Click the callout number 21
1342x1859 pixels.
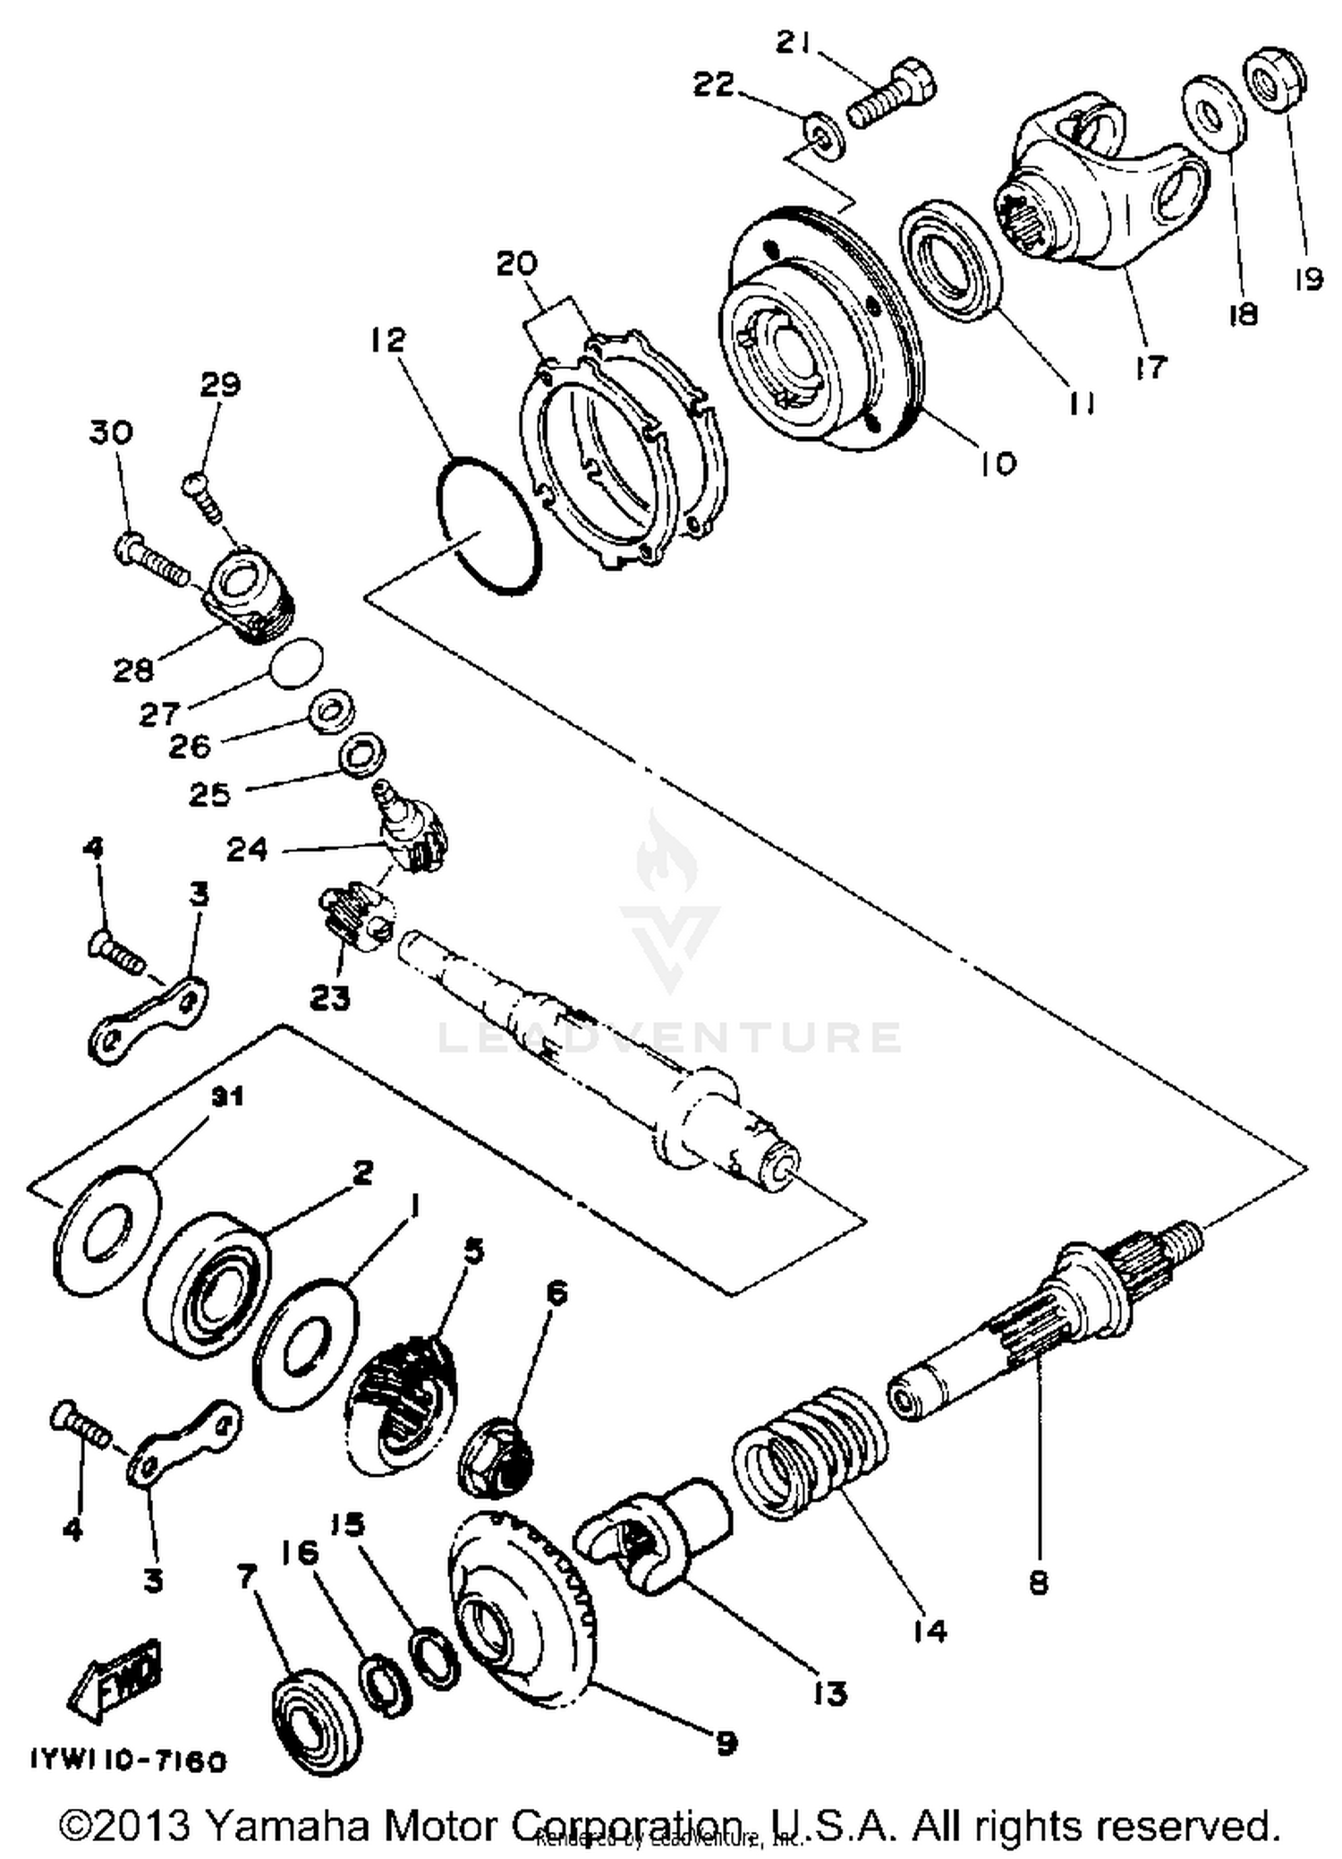[794, 43]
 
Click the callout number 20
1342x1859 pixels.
[516, 264]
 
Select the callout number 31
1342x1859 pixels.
[225, 1097]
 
